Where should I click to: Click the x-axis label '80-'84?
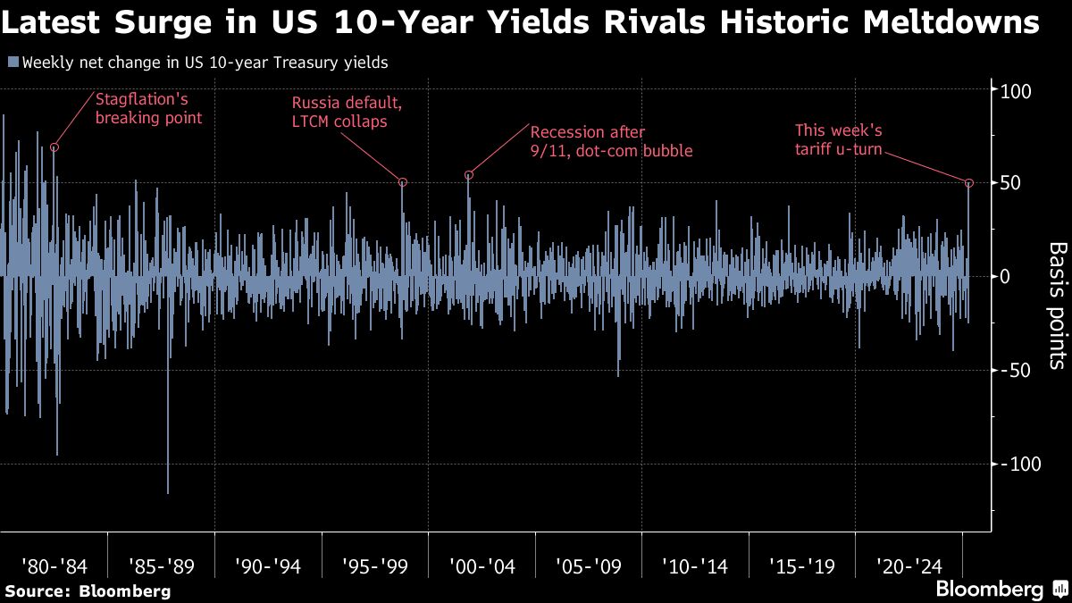click(x=54, y=566)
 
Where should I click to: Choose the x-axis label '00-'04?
click(x=482, y=566)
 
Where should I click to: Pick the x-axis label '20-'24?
click(x=909, y=566)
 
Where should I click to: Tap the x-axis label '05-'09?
click(x=589, y=566)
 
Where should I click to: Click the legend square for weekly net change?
click(x=12, y=63)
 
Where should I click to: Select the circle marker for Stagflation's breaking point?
click(x=54, y=147)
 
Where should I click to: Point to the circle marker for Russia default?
click(x=403, y=182)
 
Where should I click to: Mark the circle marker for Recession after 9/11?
click(x=468, y=175)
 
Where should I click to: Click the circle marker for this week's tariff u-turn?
click(x=969, y=183)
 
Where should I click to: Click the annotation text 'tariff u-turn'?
click(x=838, y=150)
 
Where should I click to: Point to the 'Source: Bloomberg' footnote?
click(x=88, y=591)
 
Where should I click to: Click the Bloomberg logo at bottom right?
click(x=989, y=590)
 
